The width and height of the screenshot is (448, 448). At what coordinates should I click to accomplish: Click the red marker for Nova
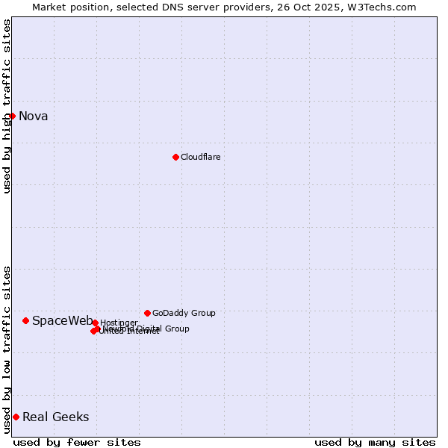point(12,116)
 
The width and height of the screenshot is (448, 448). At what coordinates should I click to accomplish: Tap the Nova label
point(33,116)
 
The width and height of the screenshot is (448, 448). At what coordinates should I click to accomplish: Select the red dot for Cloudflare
point(175,157)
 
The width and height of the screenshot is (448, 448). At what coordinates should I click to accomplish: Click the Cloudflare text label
point(200,157)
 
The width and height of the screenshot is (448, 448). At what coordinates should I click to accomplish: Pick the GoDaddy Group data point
point(147,313)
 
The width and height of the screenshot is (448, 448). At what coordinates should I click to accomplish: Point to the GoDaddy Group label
point(184,313)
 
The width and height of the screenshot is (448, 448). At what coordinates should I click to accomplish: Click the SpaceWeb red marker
point(25,320)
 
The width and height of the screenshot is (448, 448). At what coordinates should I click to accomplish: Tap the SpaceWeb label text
point(62,320)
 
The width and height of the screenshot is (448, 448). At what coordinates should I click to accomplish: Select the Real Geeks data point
point(16,417)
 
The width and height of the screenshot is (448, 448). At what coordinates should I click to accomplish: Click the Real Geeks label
point(55,417)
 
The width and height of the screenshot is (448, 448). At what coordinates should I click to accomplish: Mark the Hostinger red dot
point(95,323)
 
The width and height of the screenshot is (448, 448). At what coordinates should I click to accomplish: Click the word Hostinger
point(119,323)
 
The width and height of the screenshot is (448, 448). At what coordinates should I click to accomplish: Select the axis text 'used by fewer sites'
point(77,442)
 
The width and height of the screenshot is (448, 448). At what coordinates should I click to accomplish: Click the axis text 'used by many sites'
point(375,442)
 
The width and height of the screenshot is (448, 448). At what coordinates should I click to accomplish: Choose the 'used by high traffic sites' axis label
point(7,106)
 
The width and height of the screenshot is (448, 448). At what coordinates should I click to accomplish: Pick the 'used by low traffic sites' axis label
point(7,349)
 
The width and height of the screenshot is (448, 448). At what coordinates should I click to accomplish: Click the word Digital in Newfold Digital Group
point(149,329)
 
